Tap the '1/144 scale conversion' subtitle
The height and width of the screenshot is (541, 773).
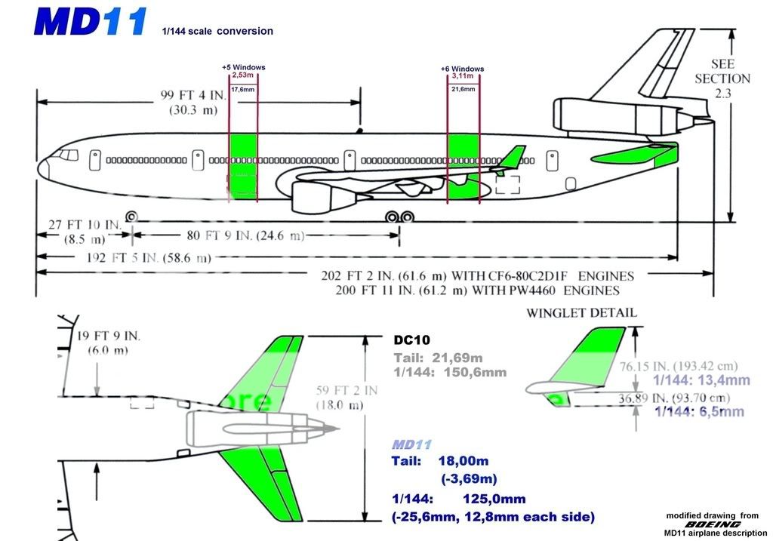217,32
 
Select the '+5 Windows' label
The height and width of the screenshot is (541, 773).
243,67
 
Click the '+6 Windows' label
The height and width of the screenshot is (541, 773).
462,69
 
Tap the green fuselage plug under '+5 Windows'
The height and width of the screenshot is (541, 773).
243,166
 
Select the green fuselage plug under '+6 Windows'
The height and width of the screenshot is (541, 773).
463,166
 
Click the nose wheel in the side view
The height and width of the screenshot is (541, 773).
131,217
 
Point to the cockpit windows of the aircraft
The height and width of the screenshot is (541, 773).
68,155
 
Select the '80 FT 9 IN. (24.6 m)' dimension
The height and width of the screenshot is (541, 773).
230,235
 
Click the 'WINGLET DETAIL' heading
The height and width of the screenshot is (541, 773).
581,312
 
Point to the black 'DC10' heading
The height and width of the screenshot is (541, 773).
411,340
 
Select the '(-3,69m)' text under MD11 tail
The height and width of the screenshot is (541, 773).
469,478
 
